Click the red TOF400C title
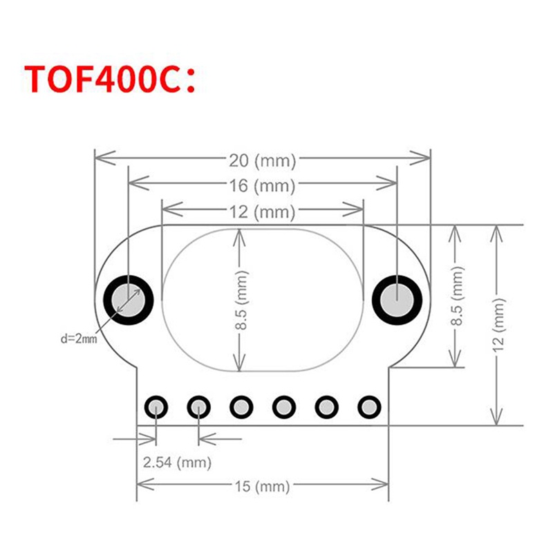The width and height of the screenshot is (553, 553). coord(111,79)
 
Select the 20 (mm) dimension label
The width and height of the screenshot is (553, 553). coord(262,161)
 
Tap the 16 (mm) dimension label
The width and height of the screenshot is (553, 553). coord(262,186)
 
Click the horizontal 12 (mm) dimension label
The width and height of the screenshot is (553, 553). coord(262,212)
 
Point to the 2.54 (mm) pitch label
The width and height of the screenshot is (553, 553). coord(177,462)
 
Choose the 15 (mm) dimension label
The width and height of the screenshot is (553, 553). coord(262,487)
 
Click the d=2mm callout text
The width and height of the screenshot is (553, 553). coord(78,339)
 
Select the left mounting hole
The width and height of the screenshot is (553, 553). coord(128,301)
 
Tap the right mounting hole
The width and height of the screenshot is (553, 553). coord(397,301)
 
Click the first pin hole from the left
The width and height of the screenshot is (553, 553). coord(157,407)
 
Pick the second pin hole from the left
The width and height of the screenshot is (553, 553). coord(199,407)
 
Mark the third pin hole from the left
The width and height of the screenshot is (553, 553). coord(241,407)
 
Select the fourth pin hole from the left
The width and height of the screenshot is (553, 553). coord(284,407)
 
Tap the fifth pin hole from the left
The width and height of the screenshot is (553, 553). coord(326,407)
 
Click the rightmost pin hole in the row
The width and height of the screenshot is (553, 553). coord(368,407)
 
